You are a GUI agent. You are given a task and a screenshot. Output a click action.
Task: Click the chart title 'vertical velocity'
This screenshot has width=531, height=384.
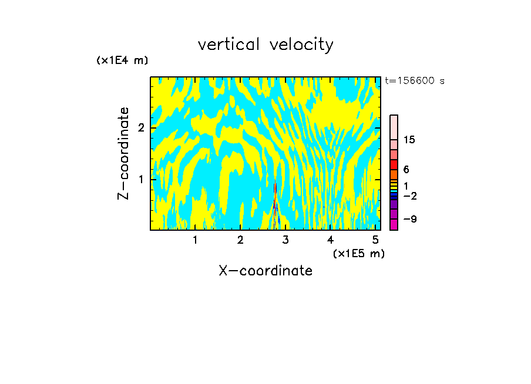point(265,45)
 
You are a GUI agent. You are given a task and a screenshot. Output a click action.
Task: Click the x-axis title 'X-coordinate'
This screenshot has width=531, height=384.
point(265,271)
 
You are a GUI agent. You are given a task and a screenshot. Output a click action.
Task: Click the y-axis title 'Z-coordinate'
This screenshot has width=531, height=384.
point(123,153)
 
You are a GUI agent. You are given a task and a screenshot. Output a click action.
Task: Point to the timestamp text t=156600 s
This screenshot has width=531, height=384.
point(414,81)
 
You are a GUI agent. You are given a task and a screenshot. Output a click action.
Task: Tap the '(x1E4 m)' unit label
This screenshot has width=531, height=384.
point(122,60)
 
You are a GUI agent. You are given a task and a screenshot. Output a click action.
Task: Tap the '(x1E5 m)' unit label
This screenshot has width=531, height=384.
point(358,253)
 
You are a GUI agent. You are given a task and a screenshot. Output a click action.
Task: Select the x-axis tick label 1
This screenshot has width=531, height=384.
point(195,240)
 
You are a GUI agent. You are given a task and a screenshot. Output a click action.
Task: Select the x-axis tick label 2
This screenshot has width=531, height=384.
point(240,240)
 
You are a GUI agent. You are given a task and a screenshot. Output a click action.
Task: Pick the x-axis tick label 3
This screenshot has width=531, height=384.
point(285,240)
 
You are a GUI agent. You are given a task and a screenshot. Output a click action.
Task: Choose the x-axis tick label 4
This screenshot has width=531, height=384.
point(331,240)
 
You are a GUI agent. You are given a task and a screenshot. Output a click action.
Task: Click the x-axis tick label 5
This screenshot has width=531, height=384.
point(375,240)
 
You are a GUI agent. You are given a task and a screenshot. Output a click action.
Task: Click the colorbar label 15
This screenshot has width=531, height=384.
point(409,140)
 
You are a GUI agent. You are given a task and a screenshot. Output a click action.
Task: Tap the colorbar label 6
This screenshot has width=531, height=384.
point(406,170)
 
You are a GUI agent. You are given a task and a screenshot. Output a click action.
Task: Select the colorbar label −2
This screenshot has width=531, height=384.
point(409,196)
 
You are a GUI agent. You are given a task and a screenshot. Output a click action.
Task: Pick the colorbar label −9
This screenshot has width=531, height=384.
point(409,219)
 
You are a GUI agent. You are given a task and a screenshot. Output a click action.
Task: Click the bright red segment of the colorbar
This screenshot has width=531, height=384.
point(394,164)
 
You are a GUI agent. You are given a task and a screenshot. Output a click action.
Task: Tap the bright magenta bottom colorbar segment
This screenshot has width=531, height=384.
point(394,224)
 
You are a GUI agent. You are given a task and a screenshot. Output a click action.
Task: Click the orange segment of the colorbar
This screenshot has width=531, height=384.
point(394,174)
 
